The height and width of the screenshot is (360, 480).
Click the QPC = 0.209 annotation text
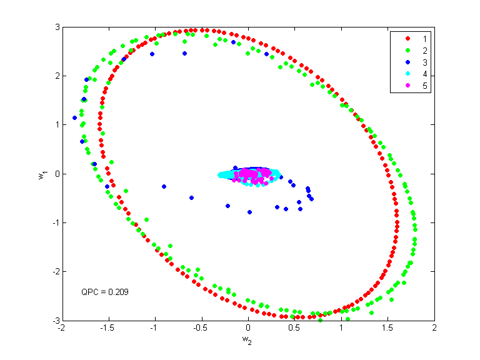(105, 292)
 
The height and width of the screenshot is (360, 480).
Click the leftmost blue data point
(75, 117)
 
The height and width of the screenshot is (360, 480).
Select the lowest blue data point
(249, 212)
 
